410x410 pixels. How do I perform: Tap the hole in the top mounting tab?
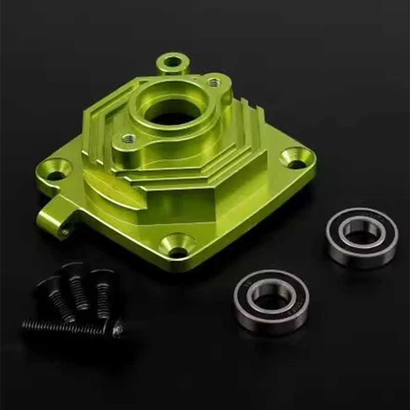[173, 63]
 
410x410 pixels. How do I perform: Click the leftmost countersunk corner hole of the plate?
[57, 169]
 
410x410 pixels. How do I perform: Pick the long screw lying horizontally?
[72, 326]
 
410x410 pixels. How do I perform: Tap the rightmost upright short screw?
[102, 291]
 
